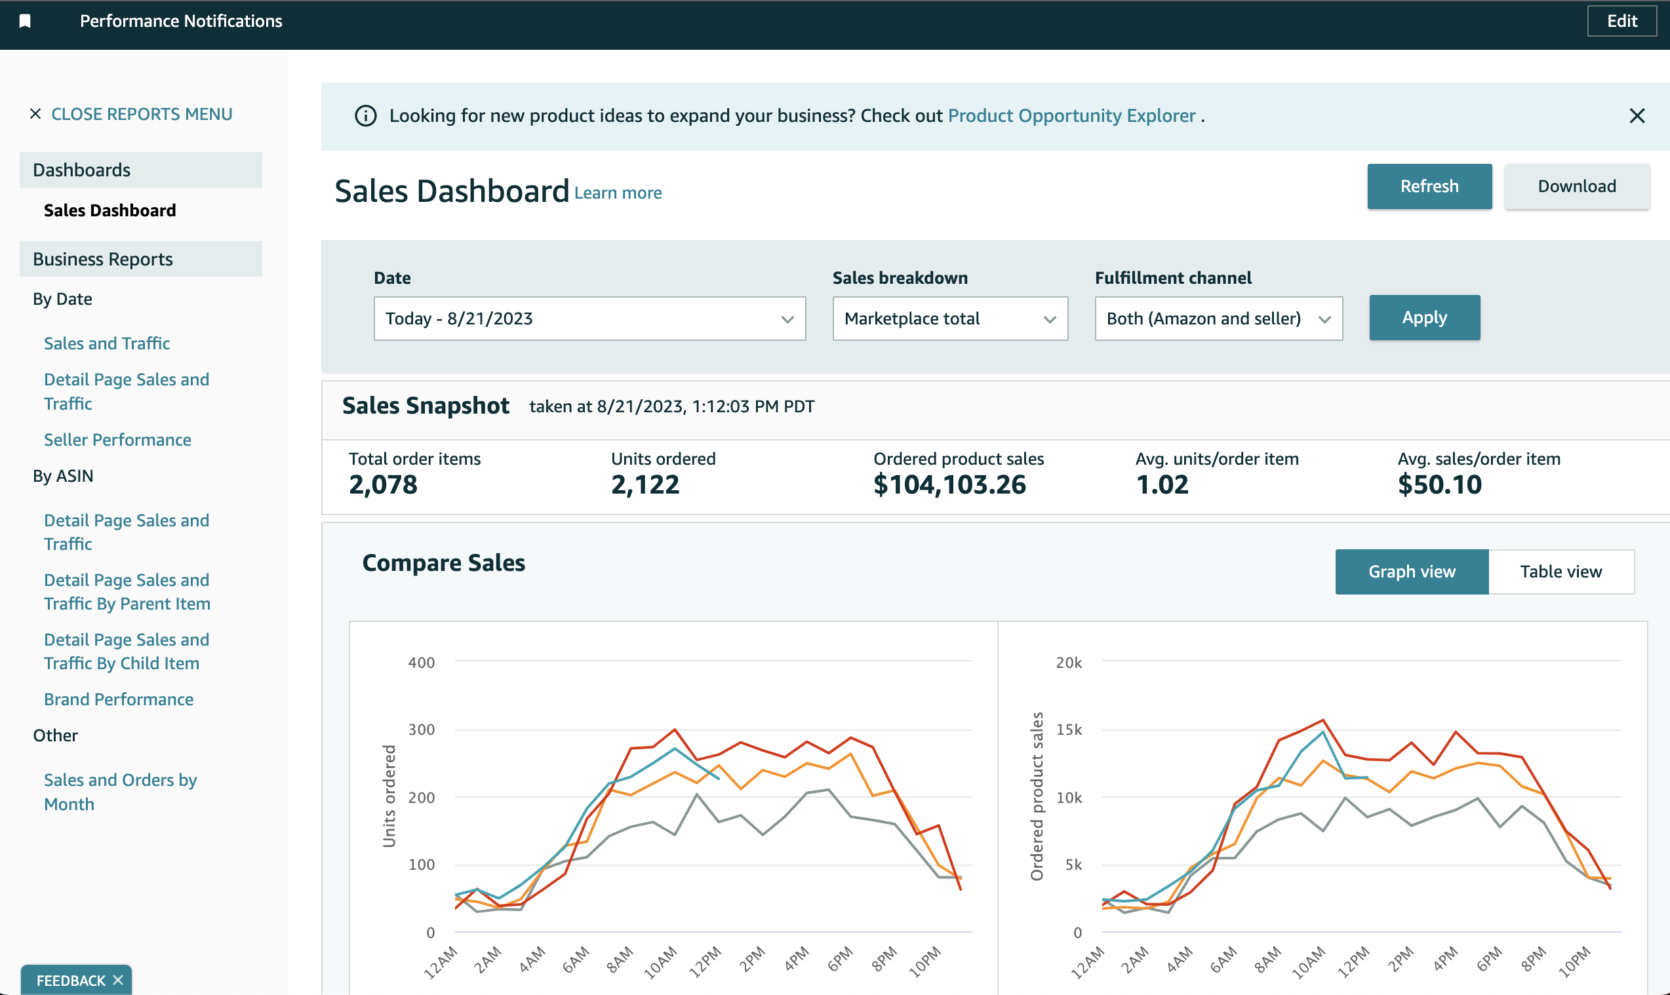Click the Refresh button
tap(1429, 186)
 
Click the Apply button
tap(1424, 318)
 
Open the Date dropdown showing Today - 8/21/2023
tap(589, 319)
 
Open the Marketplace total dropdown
tap(949, 319)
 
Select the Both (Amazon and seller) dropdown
tap(1218, 319)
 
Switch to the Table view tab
tap(1560, 572)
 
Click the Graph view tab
tap(1411, 572)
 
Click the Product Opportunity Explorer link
tap(1071, 116)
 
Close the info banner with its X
tap(1637, 116)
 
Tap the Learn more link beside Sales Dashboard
tap(618, 193)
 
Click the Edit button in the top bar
tap(1621, 21)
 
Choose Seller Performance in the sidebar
tap(117, 440)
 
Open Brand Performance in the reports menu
tap(119, 699)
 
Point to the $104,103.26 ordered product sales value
tap(949, 485)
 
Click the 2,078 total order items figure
tap(383, 485)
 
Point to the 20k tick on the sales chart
tap(1068, 663)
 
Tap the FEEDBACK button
tap(70, 980)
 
